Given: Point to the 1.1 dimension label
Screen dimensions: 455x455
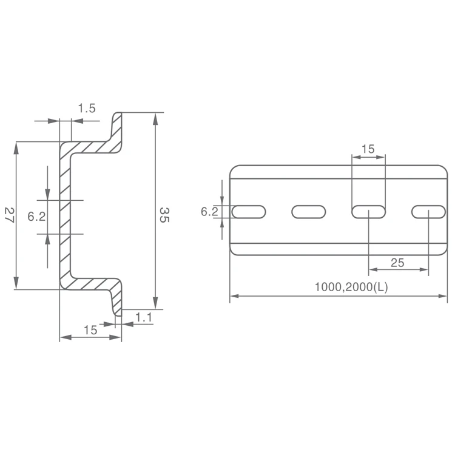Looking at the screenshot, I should (144, 317).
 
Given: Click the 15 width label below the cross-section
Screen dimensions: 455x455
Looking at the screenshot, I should (90, 330).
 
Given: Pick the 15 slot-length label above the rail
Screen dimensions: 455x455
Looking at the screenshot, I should (368, 149).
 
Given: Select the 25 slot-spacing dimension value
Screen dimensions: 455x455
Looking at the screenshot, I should (397, 263).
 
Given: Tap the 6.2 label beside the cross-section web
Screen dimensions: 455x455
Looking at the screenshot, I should (37, 216).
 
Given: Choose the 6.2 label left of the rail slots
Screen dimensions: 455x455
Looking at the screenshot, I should (209, 212).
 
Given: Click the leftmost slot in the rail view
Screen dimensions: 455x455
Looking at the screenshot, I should (249, 212).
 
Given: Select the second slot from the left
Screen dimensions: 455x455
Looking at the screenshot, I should (308, 212).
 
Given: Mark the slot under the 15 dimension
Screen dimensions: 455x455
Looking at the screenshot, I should (368, 212).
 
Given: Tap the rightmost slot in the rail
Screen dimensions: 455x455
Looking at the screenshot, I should (428, 212).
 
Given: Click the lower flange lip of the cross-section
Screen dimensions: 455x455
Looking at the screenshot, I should (116, 301).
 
